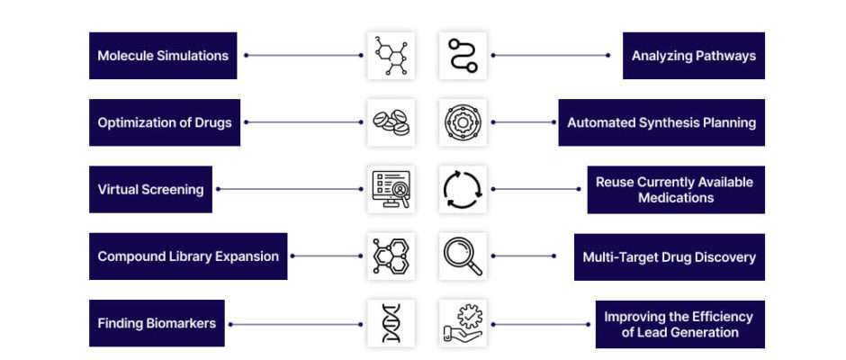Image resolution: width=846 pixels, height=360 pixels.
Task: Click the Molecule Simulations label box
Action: click(163, 56)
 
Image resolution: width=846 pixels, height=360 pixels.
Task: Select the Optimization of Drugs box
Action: click(165, 122)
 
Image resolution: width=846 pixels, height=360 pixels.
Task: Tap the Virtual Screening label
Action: click(150, 189)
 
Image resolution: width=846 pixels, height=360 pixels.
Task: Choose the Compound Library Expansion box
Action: click(188, 256)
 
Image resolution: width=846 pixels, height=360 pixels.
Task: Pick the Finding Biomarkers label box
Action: click(157, 323)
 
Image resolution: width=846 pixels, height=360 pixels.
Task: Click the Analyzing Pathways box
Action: click(694, 56)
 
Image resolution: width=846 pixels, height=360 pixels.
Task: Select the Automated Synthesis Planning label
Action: click(661, 122)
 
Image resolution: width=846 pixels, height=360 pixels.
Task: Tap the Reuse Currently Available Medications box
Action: click(676, 190)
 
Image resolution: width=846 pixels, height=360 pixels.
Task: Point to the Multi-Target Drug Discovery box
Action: click(669, 256)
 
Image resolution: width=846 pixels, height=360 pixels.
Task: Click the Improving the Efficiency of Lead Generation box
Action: click(679, 324)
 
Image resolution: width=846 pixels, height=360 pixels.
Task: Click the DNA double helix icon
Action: click(391, 323)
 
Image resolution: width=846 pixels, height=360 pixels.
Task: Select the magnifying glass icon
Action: click(463, 256)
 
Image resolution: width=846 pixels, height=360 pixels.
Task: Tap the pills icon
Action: click(391, 122)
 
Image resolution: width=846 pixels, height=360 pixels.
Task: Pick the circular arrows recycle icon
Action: click(463, 189)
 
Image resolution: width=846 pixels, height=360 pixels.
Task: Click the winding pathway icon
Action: click(463, 56)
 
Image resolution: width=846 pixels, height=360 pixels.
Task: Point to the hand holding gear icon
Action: click(463, 323)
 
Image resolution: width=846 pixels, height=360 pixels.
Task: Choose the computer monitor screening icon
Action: click(391, 189)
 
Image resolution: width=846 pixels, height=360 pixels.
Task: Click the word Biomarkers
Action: click(181, 323)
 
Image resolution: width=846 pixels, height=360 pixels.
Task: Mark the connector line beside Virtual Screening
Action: click(290, 189)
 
